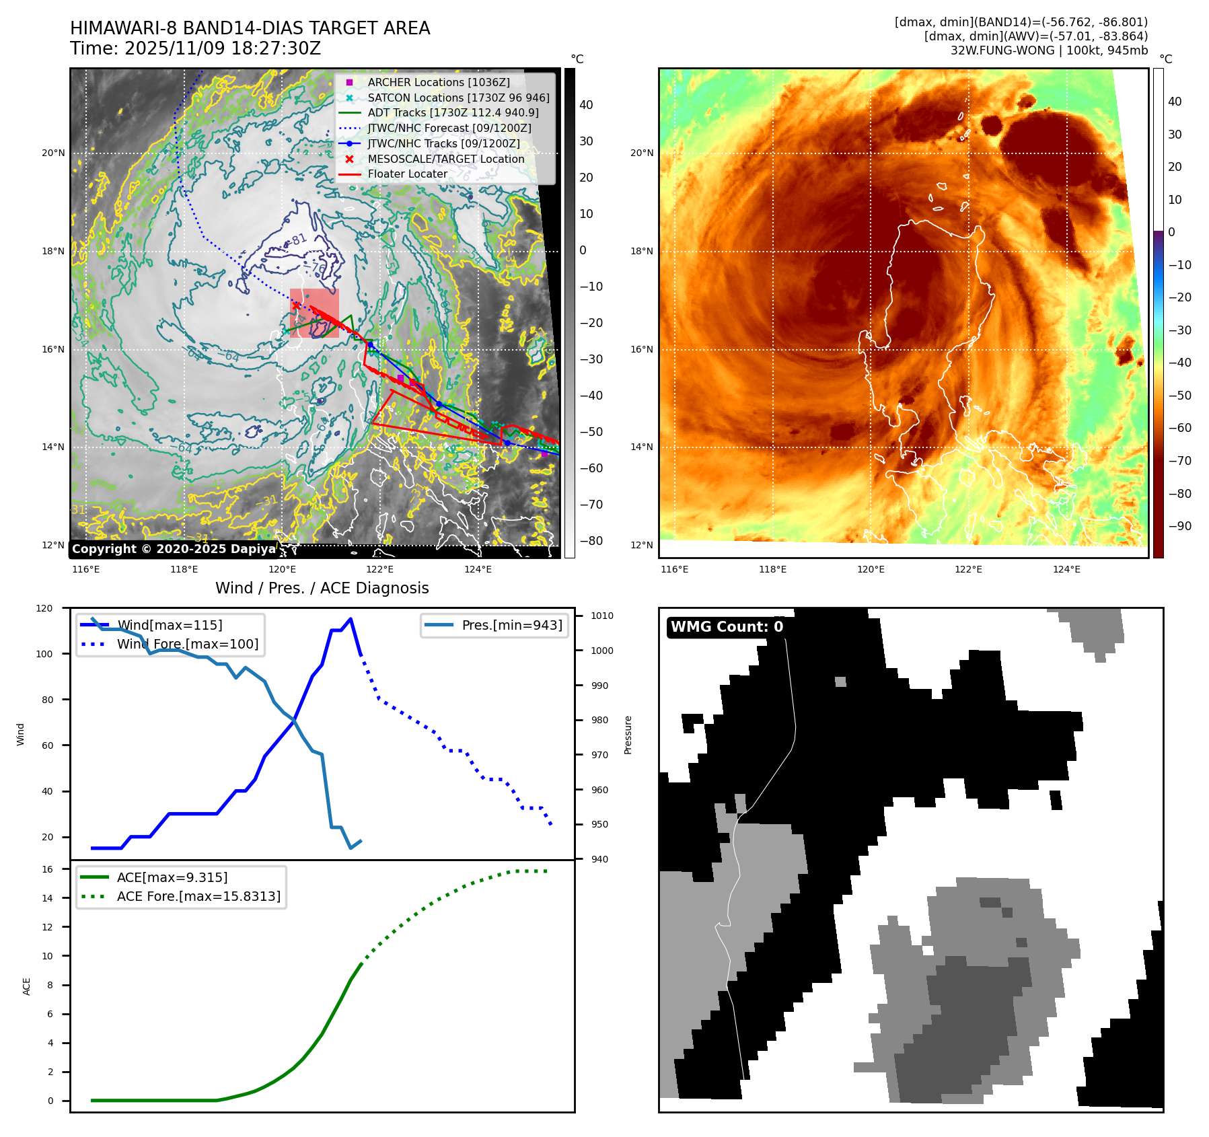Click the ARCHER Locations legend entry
coord(439,82)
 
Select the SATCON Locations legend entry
coord(457,98)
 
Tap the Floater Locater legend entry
coord(407,174)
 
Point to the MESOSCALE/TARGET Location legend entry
coord(445,159)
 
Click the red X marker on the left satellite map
coord(296,305)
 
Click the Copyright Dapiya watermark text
coord(174,549)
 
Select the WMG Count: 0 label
coord(727,627)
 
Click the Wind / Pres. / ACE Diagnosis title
coord(322,588)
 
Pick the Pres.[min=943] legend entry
coord(511,625)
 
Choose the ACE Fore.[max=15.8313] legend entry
coord(198,896)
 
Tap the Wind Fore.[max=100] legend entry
coord(187,644)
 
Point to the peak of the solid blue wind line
coord(351,619)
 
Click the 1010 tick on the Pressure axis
coord(601,616)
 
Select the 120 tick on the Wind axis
coord(44,608)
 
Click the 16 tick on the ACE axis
coord(47,869)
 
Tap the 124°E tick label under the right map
coord(1066,569)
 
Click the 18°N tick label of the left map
coord(53,252)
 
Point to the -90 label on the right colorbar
coord(1179,526)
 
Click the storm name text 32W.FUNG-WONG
coord(1002,50)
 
